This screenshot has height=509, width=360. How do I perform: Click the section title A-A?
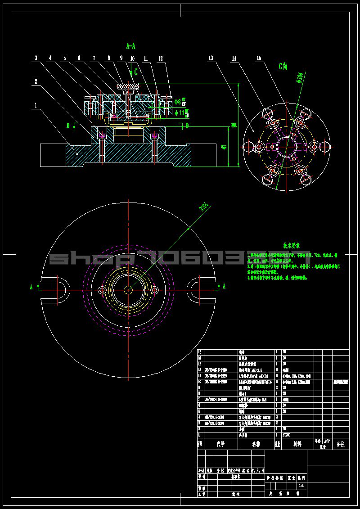[x=131, y=46]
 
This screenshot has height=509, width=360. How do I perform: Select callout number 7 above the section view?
[x=94, y=58]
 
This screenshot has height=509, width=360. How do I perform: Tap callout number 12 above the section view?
[x=161, y=58]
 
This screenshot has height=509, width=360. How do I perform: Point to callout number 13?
[x=210, y=58]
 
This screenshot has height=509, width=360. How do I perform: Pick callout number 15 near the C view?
[x=259, y=58]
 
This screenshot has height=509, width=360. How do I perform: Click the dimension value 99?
[x=234, y=125]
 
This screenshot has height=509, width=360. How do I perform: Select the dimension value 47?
[x=224, y=146]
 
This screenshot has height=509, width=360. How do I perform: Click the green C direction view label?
[x=283, y=67]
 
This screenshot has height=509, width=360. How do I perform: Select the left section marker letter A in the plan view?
[x=31, y=286]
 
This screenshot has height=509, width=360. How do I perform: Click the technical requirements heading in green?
[x=291, y=246]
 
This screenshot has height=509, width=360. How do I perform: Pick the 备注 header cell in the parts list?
[x=340, y=444]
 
